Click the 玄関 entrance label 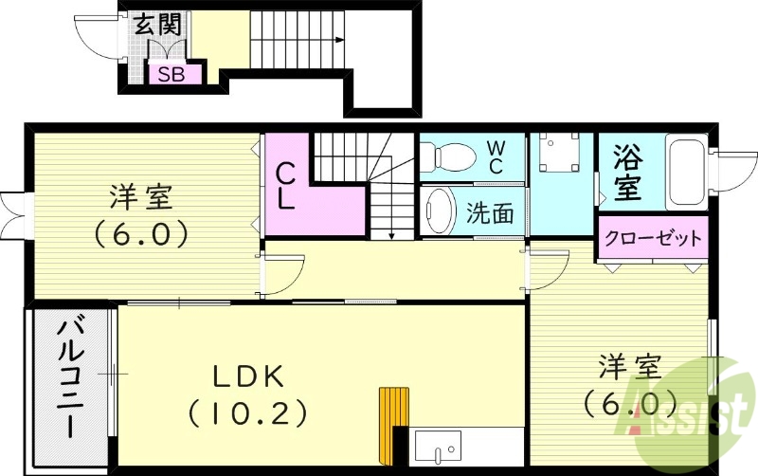[x=156, y=25]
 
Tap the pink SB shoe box [x=171, y=74]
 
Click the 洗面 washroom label [x=491, y=213]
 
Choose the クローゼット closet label [x=653, y=237]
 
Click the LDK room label [x=248, y=375]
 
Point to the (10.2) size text [x=248, y=412]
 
